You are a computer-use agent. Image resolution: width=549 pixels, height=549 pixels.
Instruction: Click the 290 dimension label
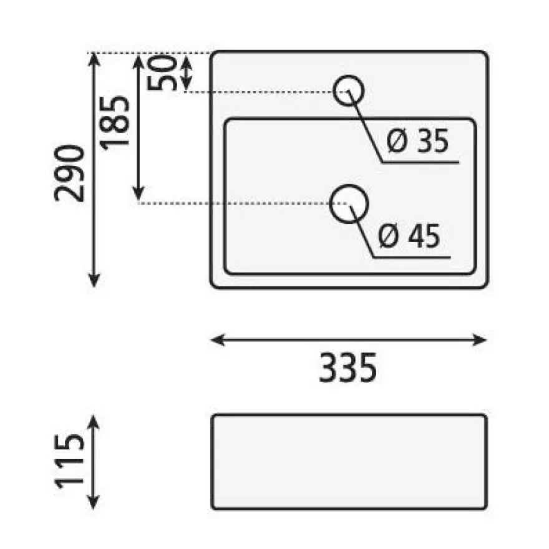(69, 173)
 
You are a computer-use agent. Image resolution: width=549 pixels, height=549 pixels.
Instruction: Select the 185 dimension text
(115, 124)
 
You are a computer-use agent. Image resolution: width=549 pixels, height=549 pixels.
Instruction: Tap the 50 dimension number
(162, 73)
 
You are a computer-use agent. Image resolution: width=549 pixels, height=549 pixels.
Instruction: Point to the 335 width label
(347, 367)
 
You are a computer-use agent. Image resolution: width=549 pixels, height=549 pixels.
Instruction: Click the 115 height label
(69, 461)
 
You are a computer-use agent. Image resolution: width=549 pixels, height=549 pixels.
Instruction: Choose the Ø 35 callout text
(418, 141)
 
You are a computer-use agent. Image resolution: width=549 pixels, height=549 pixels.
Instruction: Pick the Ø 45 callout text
(409, 236)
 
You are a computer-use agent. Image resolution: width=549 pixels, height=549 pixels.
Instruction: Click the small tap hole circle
(348, 75)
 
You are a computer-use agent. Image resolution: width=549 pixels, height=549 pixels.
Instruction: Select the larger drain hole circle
(349, 185)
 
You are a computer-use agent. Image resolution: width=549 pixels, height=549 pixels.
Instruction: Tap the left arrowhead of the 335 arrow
(217, 339)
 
